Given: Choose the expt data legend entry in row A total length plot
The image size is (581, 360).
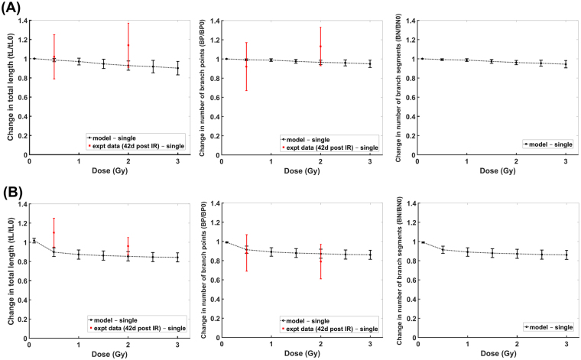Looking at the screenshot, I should click(x=135, y=147).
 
